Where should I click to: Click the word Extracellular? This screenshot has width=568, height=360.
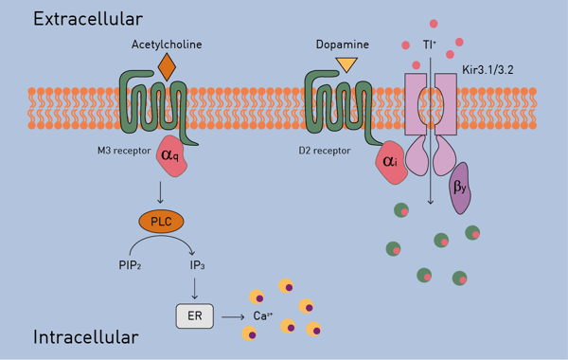tap(88, 19)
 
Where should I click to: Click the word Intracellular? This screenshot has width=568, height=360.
tap(86, 337)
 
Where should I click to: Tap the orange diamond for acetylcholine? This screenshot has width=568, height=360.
tap(167, 66)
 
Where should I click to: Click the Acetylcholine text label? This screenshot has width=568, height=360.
tap(167, 44)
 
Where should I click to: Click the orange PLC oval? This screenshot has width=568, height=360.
tap(161, 222)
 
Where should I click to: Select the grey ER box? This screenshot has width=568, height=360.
tap(194, 315)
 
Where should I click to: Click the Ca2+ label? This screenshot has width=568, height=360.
tap(263, 315)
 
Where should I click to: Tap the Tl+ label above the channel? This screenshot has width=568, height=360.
tap(431, 44)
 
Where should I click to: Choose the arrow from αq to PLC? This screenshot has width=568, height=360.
tap(162, 192)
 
